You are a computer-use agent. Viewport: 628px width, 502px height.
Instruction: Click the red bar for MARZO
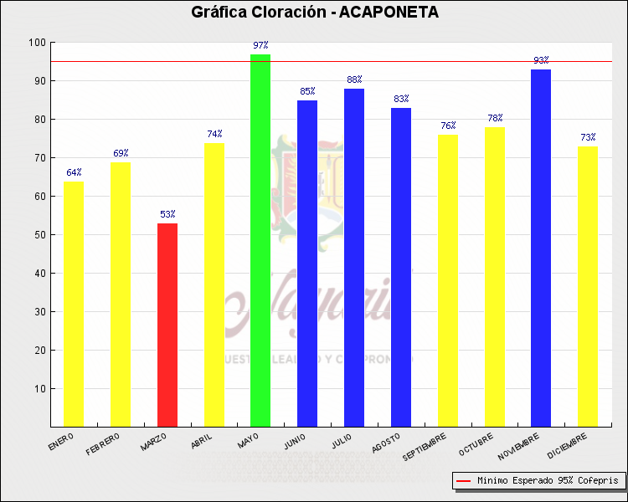pyautogui.click(x=167, y=325)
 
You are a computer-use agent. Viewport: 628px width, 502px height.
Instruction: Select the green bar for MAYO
pyautogui.click(x=260, y=240)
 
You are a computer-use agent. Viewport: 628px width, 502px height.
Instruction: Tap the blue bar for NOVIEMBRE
pyautogui.click(x=541, y=248)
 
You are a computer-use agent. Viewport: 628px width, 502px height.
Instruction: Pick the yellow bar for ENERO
pyautogui.click(x=74, y=304)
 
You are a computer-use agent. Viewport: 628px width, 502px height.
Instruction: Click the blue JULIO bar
pyautogui.click(x=354, y=258)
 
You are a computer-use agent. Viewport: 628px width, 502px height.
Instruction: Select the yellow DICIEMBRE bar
pyautogui.click(x=588, y=286)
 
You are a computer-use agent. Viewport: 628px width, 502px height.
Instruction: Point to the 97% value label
pyautogui.click(x=260, y=45)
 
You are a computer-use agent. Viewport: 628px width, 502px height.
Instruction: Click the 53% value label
pyautogui.click(x=167, y=214)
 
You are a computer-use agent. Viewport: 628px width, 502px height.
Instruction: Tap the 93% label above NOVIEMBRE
pyautogui.click(x=541, y=60)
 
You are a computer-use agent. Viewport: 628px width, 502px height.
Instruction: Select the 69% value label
pyautogui.click(x=121, y=153)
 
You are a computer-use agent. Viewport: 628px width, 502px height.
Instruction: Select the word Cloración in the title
pyautogui.click(x=283, y=13)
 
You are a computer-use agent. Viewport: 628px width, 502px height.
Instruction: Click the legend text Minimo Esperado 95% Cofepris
pyautogui.click(x=548, y=481)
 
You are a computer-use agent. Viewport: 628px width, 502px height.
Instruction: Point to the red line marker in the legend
pyautogui.click(x=464, y=481)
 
